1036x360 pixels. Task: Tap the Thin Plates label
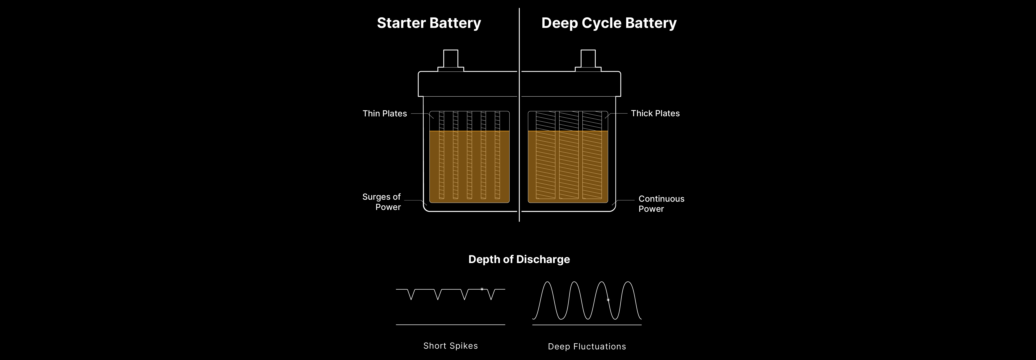pyautogui.click(x=385, y=113)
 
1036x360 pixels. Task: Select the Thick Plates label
pyautogui.click(x=655, y=113)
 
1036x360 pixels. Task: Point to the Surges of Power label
pyautogui.click(x=382, y=202)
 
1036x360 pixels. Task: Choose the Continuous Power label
pyautogui.click(x=661, y=203)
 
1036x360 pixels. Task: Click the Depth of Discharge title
pyautogui.click(x=519, y=259)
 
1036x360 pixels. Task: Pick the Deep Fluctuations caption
pyautogui.click(x=587, y=346)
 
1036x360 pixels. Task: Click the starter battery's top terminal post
pyautogui.click(x=450, y=59)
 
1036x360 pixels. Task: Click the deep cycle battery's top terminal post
pyautogui.click(x=588, y=59)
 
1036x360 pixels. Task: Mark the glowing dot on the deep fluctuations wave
pyautogui.click(x=608, y=300)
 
